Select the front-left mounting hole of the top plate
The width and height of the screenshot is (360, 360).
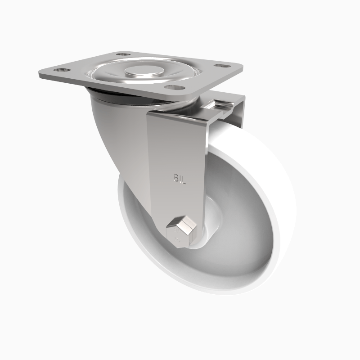click(59, 71)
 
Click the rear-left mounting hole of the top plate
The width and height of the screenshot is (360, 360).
click(120, 54)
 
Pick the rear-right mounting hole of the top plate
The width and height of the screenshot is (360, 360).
click(220, 66)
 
